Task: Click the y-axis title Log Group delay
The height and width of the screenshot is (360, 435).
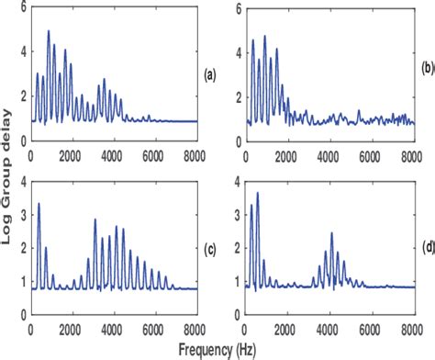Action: (10, 178)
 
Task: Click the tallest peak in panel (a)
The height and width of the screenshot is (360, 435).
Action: (49, 31)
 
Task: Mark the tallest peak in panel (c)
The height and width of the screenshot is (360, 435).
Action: (39, 204)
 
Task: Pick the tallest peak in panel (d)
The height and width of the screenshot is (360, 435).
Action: (258, 193)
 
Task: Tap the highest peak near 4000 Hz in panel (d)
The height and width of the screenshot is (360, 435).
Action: (332, 233)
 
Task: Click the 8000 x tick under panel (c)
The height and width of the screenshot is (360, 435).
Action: (196, 304)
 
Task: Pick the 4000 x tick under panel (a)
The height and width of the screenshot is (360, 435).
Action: (114, 157)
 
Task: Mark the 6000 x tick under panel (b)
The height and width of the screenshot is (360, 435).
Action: (371, 157)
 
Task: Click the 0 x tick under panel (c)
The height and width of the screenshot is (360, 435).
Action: (32, 304)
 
